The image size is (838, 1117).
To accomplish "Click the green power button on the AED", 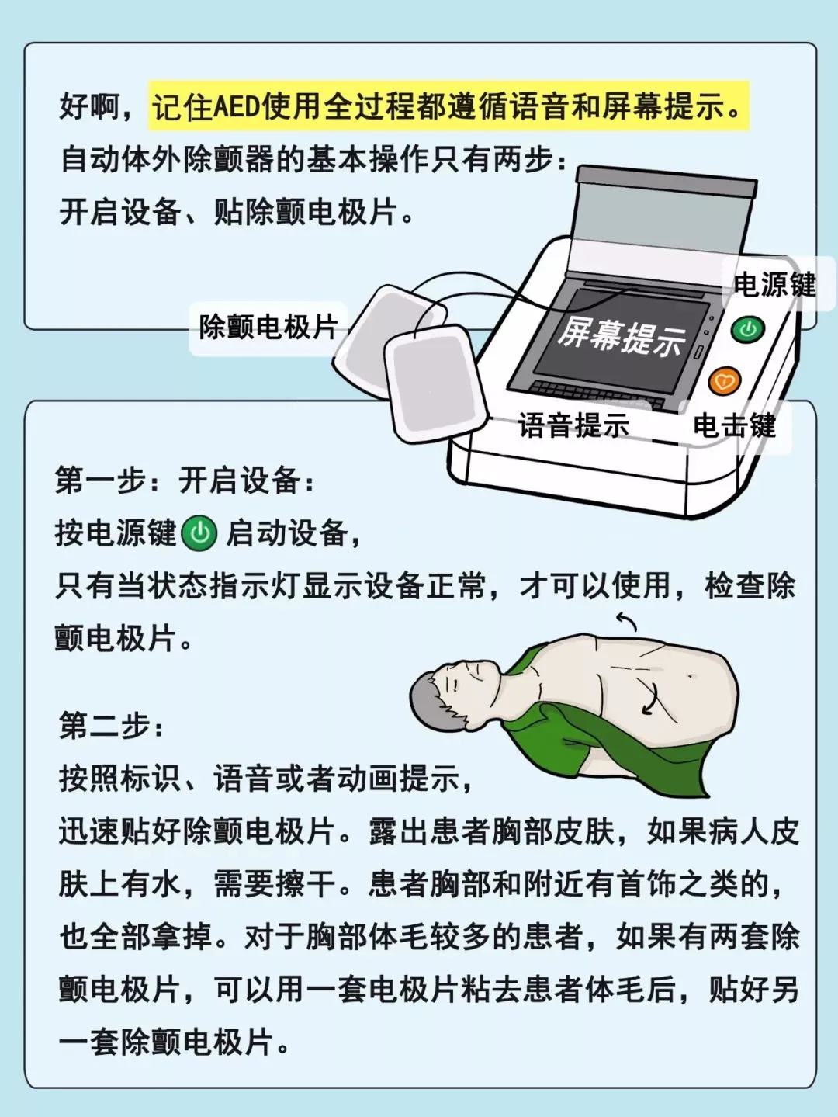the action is tap(748, 329).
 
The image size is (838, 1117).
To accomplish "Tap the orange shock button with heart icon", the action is tap(725, 381).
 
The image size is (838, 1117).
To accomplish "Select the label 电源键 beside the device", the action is tap(775, 284).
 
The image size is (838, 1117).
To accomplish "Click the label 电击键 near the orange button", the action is tap(735, 425).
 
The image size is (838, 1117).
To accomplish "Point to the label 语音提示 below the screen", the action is tap(573, 425).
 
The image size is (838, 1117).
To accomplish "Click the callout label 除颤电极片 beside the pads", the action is tap(268, 327).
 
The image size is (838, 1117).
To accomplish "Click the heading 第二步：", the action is tap(112, 727).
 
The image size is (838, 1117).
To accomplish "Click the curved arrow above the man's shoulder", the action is tap(627, 620).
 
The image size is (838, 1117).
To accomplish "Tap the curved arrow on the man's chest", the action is tap(651, 698).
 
